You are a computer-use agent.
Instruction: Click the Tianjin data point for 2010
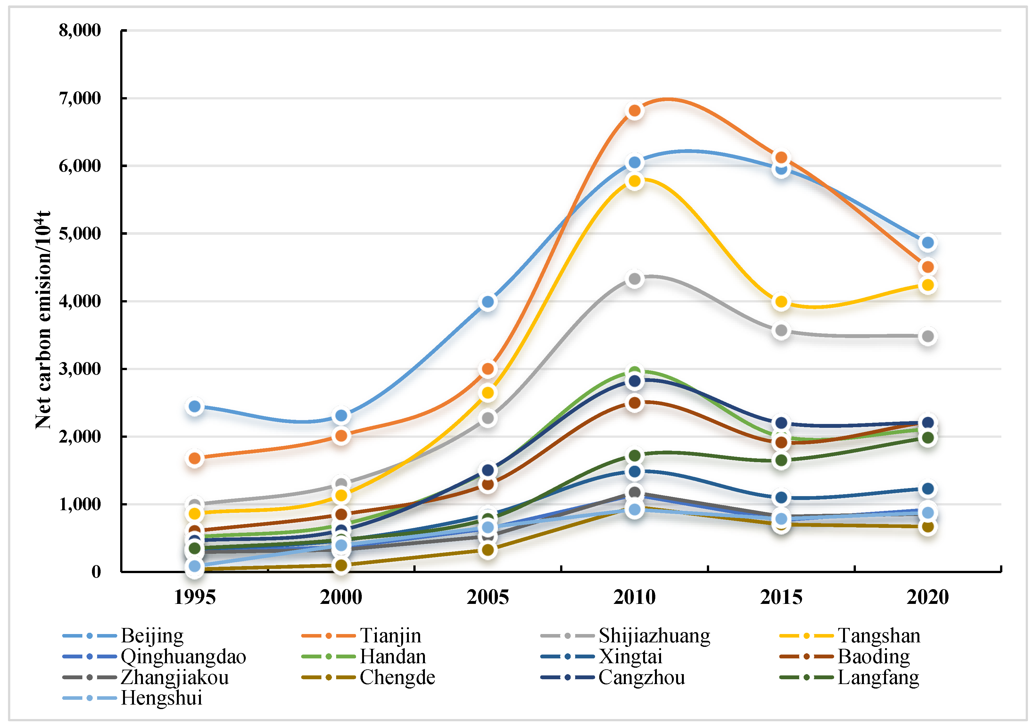634,111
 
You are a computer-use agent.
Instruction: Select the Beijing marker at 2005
488,302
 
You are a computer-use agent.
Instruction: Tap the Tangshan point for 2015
781,301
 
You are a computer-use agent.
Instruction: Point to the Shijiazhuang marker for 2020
928,336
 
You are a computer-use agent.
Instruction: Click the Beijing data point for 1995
195,406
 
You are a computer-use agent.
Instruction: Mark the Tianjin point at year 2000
341,436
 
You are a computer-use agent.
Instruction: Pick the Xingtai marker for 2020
928,488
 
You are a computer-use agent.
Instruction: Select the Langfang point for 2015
781,461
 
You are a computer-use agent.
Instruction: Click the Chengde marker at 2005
488,550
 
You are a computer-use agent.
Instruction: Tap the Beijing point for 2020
928,243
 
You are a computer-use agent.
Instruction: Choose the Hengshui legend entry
133,698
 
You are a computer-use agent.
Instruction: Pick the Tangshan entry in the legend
850,636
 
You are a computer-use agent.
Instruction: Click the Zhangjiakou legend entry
145,677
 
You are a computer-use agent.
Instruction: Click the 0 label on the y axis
96,572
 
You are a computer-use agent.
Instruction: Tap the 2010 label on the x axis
634,598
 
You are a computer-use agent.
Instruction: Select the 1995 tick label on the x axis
195,598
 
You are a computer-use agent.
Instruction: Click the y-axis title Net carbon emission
43,320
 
